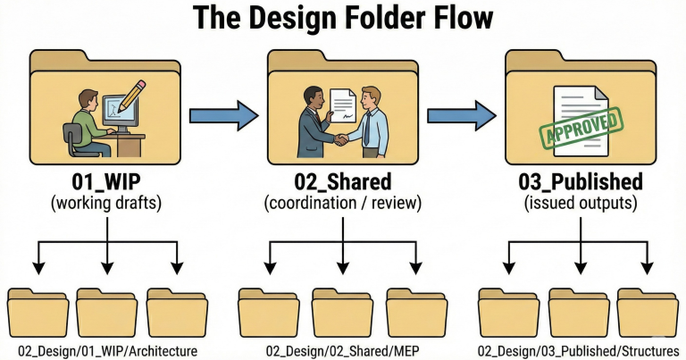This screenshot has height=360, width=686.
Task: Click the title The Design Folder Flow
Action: tap(342, 17)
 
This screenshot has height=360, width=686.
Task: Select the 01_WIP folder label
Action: tap(106, 182)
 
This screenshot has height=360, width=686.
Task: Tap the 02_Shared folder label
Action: tap(342, 182)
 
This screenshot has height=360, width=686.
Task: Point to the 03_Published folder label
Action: tap(580, 182)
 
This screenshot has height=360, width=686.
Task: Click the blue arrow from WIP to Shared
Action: tap(222, 114)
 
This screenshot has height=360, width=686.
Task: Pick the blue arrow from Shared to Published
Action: tap(461, 114)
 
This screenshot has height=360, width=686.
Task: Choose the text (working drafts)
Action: tap(106, 204)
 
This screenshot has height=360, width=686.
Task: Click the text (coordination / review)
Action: tap(342, 204)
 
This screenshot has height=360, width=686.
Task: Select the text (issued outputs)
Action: tap(580, 204)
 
